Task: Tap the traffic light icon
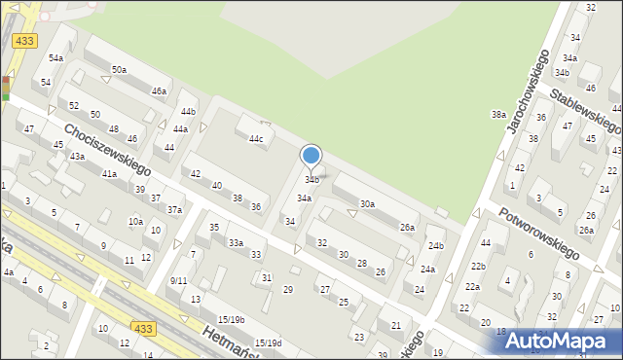pos(6,89)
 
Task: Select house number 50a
pos(119,70)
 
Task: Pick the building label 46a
pos(159,91)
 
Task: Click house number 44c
pos(256,139)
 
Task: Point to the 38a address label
pos(498,115)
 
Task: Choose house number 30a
pos(367,204)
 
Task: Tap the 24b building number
pos(435,246)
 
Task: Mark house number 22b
pos(477,266)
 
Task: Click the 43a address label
pos(77,156)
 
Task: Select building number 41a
pos(109,174)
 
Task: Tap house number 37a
pos(174,209)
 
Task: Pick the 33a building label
pos(236,242)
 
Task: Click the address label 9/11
pos(178,280)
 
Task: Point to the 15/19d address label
pos(268,342)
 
